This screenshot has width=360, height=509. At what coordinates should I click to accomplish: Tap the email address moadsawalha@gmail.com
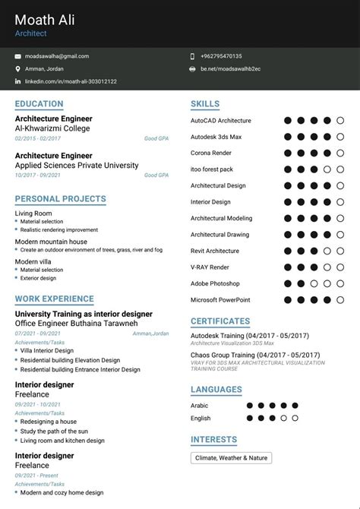57,56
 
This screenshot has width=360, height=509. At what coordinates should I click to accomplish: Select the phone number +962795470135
221,56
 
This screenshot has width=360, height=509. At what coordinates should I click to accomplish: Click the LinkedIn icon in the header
17,81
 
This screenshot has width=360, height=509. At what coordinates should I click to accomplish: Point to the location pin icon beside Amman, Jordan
17,69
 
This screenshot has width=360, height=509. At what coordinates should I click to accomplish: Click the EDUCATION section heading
39,104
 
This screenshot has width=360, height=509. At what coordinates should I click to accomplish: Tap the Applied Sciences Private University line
77,166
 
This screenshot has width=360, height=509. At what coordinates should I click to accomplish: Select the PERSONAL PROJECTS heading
60,199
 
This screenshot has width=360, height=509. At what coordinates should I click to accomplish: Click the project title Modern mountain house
51,242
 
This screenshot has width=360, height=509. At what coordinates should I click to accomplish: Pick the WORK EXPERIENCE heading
55,299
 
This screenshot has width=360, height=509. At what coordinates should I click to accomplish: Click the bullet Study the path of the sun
54,432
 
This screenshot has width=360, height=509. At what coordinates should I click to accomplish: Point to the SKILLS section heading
205,104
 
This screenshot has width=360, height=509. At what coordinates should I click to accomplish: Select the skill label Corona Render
211,153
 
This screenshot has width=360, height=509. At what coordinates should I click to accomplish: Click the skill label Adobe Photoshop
215,283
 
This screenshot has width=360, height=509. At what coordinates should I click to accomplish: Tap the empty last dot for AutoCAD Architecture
340,120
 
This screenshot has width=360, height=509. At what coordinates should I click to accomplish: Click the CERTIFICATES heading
220,321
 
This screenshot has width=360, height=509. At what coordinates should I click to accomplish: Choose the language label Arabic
201,406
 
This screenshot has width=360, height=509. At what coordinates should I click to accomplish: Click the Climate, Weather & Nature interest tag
231,458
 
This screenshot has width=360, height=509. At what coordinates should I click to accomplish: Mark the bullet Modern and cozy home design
62,493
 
